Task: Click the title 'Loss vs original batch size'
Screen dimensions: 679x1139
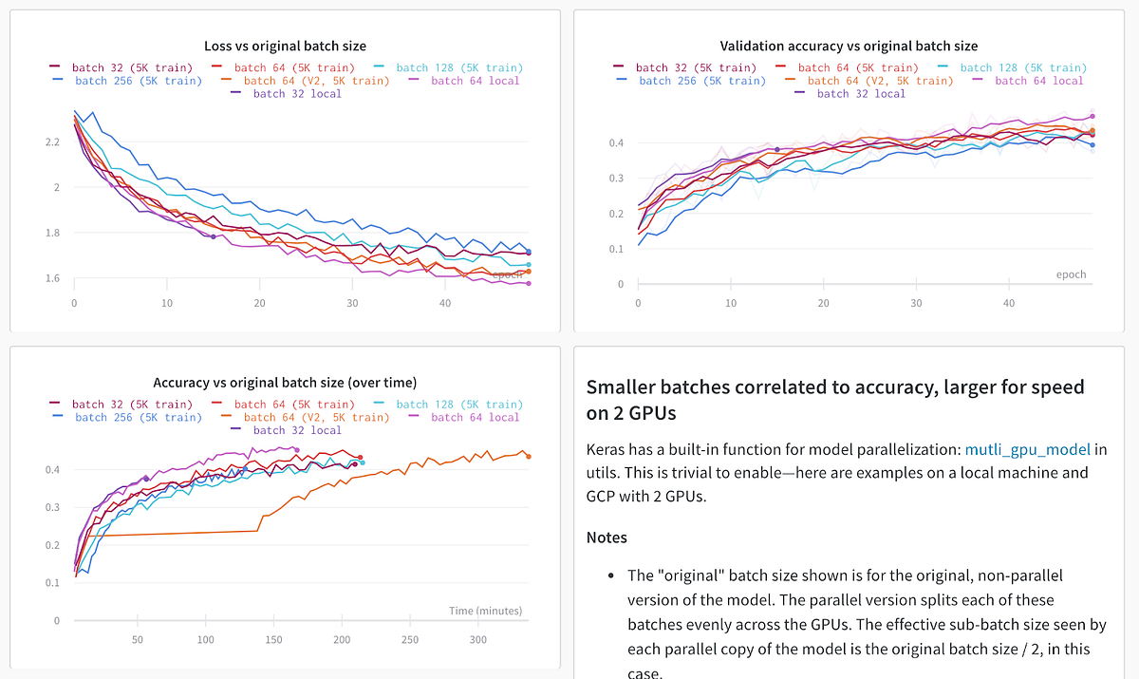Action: [x=285, y=46]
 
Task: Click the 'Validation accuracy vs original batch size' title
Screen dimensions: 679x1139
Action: [x=849, y=46]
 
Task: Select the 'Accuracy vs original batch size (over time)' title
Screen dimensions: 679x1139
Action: [x=285, y=383]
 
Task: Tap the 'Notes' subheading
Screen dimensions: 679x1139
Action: [x=607, y=538]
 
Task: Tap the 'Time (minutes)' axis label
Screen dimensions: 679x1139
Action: [x=485, y=611]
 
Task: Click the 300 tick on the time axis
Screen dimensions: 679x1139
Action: [x=478, y=639]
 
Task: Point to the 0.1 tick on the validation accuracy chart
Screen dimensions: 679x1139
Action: [x=615, y=249]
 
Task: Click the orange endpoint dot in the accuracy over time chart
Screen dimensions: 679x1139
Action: [x=529, y=457]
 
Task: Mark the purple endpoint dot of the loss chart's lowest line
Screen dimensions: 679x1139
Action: [x=529, y=283]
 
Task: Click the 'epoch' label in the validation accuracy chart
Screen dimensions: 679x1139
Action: [x=1071, y=274]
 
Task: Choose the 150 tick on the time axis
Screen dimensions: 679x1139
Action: [x=274, y=639]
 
